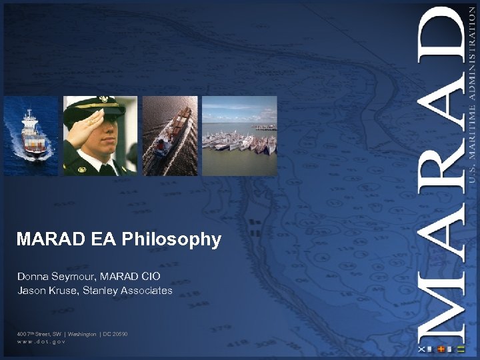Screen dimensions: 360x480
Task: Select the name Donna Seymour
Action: pyautogui.click(x=49, y=276)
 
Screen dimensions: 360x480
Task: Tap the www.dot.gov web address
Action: pyautogui.click(x=41, y=341)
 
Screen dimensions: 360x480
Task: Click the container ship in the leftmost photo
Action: pyautogui.click(x=32, y=133)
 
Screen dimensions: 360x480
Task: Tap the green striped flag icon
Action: pyautogui.click(x=461, y=349)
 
